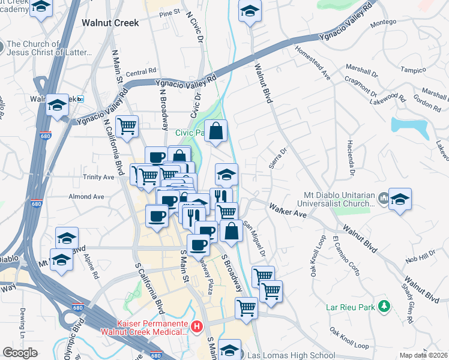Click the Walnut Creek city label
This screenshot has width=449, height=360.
tap(109, 23)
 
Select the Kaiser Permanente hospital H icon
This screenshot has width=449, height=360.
tap(196, 326)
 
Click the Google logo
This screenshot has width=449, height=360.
tap(20, 353)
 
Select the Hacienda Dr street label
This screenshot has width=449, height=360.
tap(349, 152)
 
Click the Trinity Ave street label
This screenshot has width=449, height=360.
tap(99, 178)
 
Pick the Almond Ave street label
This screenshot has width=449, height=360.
tap(86, 196)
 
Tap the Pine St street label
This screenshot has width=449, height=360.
tap(170, 12)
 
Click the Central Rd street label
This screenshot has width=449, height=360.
tap(140, 73)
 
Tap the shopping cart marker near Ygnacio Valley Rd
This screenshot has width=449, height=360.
tap(127, 126)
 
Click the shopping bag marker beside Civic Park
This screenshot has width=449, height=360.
tap(216, 130)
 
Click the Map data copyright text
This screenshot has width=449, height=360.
tap(423, 355)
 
